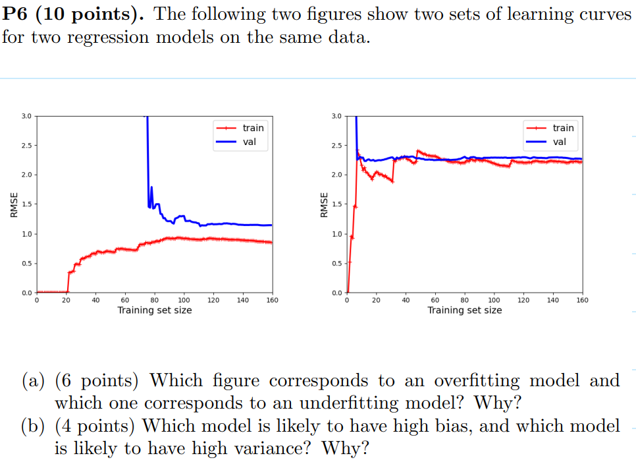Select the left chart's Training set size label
pyautogui.click(x=155, y=310)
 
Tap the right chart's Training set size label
pyautogui.click(x=464, y=310)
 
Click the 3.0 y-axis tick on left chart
pyautogui.click(x=26, y=116)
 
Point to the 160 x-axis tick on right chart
pyautogui.click(x=581, y=301)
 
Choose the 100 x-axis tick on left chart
pyautogui.click(x=184, y=301)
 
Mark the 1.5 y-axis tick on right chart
pyautogui.click(x=336, y=204)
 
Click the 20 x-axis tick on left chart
pyautogui.click(x=66, y=301)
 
